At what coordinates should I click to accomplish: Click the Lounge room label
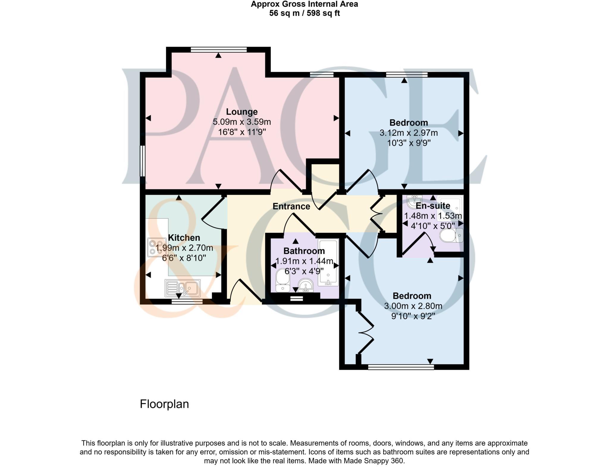pos(241,112)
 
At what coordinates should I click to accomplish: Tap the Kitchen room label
pos(184,238)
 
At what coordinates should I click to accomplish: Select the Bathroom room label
pos(304,251)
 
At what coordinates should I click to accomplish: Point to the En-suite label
pos(433,206)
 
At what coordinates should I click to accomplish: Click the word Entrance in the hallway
pos(291,206)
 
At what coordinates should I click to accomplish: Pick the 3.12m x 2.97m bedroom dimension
pos(409,133)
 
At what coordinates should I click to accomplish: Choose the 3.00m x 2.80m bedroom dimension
pos(413,306)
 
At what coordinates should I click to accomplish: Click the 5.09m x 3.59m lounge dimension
pos(241,122)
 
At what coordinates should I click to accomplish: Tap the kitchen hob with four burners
pos(156,247)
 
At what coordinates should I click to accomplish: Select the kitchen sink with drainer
pos(182,288)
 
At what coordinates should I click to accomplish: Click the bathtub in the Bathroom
pos(328,262)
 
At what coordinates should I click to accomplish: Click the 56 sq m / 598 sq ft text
pos(304,13)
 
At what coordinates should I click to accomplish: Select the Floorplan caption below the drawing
pos(164,404)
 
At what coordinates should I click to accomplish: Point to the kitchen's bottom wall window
pos(187,302)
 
